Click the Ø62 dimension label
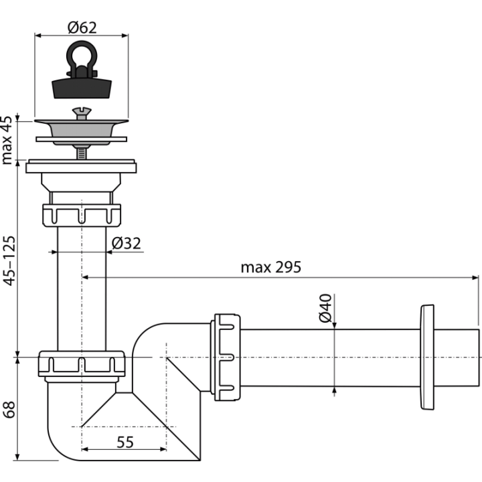pyautogui.click(x=82, y=27)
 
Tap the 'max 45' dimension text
pyautogui.click(x=7, y=140)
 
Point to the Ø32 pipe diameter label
pyautogui.click(x=126, y=243)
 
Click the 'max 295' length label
pyautogui.click(x=271, y=267)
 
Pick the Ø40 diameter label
pyautogui.click(x=325, y=309)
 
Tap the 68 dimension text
pyautogui.click(x=9, y=410)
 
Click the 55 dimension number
pyautogui.click(x=125, y=443)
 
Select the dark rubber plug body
pyautogui.click(x=82, y=88)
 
